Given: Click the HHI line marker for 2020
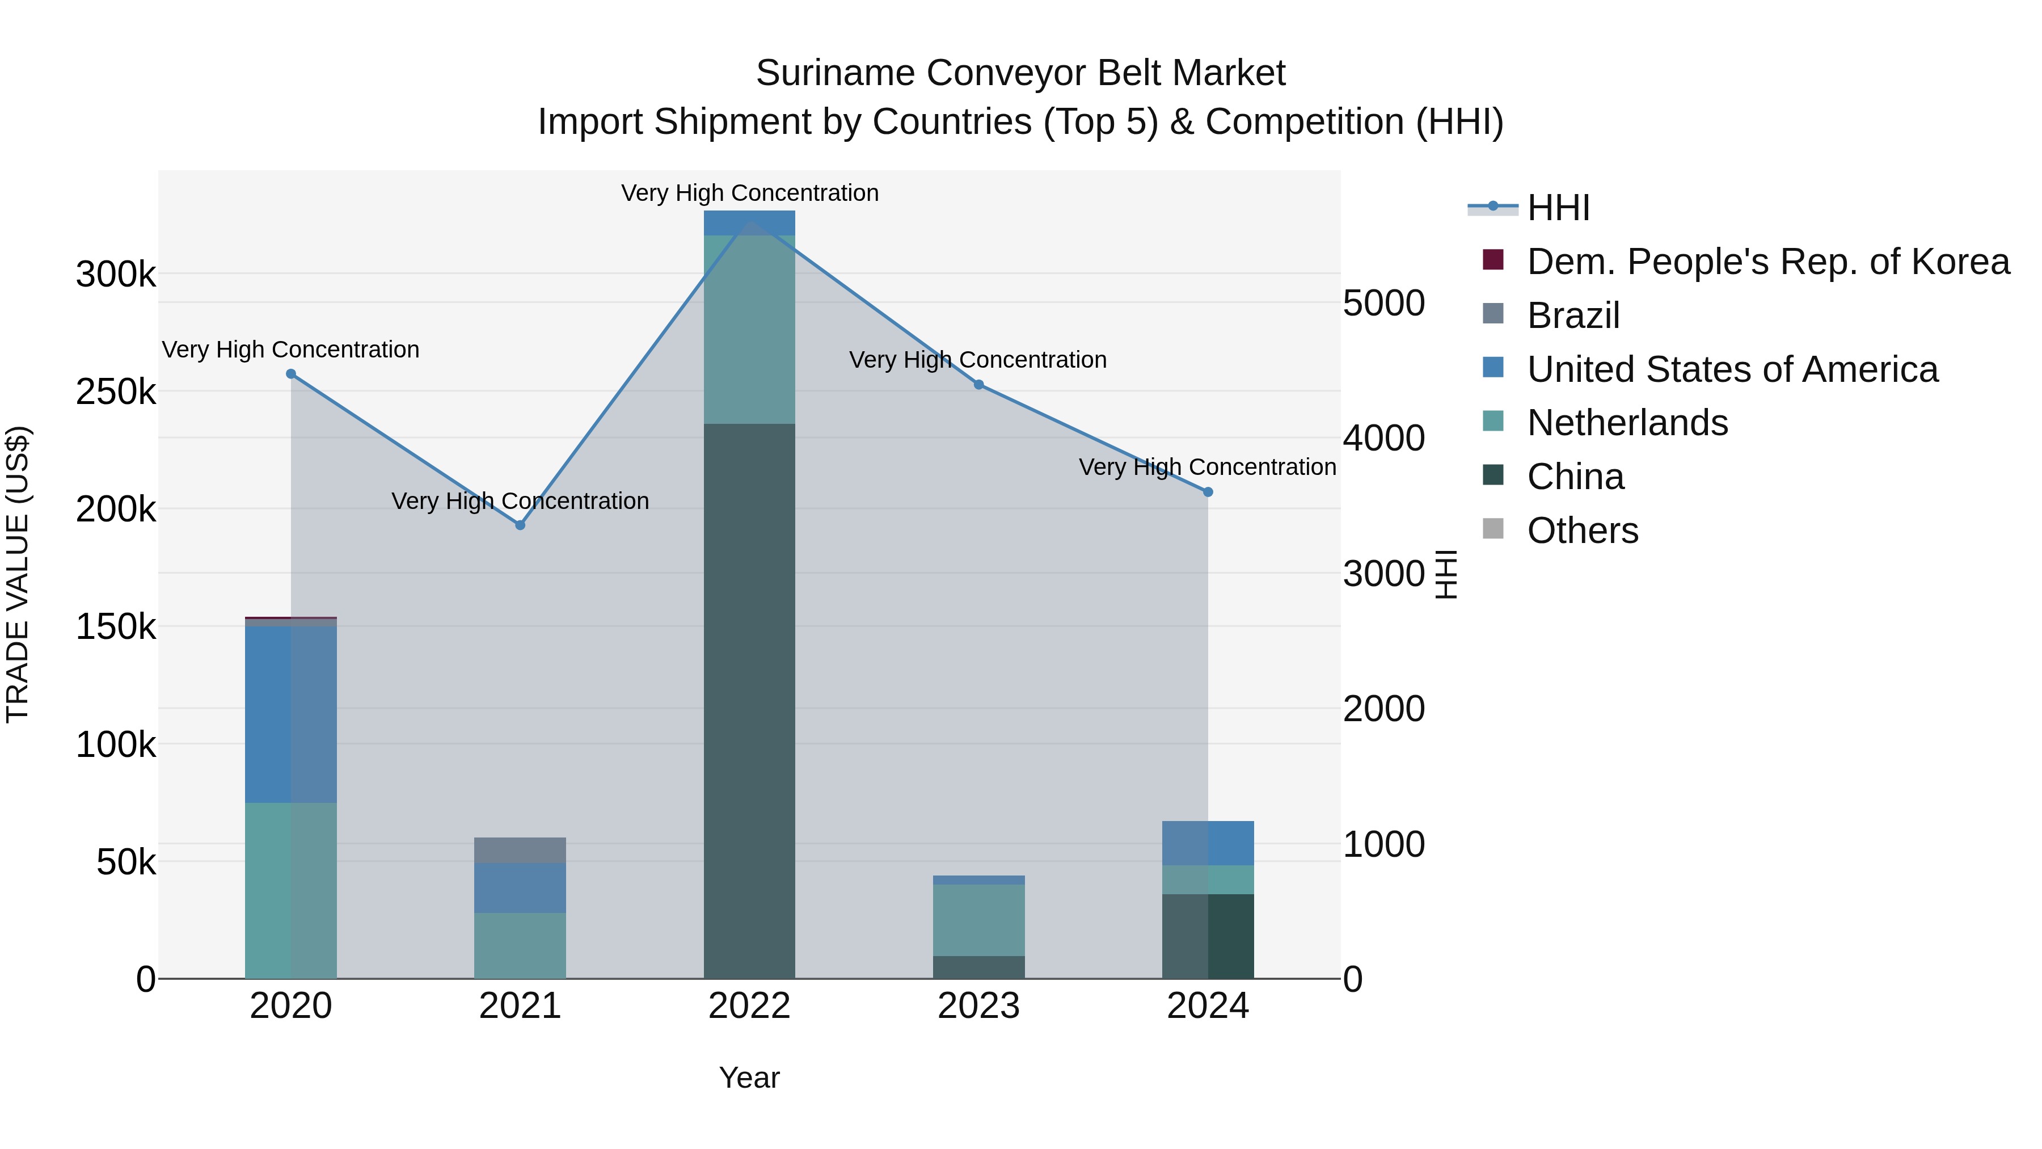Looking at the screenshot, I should pyautogui.click(x=291, y=373).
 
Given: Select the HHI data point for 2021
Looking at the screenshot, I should pyautogui.click(x=520, y=525).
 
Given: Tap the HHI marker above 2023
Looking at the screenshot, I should pyautogui.click(x=978, y=385).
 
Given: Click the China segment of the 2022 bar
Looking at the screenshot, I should pyautogui.click(x=749, y=698).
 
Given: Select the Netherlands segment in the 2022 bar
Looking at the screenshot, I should pyautogui.click(x=749, y=329).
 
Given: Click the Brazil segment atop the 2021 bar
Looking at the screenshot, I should pyautogui.click(x=520, y=850).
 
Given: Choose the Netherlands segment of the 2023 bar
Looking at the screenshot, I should pyautogui.click(x=978, y=920).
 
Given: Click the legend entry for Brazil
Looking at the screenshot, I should pyautogui.click(x=1573, y=315).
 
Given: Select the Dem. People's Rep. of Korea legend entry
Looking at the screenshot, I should pyautogui.click(x=1767, y=262).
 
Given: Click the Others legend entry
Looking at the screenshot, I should pyautogui.click(x=1582, y=531).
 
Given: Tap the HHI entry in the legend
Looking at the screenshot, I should pyautogui.click(x=1558, y=208).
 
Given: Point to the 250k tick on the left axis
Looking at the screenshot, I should pyautogui.click(x=116, y=392).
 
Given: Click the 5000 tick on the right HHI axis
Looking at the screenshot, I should pyautogui.click(x=1384, y=303).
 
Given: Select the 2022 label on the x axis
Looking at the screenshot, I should pyautogui.click(x=749, y=1006).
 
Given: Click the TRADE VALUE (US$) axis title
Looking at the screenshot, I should pyautogui.click(x=18, y=574).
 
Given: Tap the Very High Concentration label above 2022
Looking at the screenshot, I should pyautogui.click(x=749, y=193).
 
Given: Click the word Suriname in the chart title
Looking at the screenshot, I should pyautogui.click(x=834, y=73).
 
